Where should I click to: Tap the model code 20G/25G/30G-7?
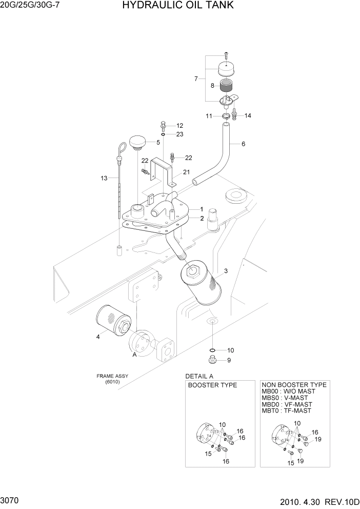[x=30, y=6]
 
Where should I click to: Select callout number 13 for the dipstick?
[x=104, y=179]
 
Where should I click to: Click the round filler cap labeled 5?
[x=137, y=142]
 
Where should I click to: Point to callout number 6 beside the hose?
[x=243, y=144]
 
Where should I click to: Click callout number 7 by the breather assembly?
[x=196, y=79]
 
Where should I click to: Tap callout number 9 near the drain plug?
[x=229, y=360]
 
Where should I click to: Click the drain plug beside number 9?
[x=211, y=359]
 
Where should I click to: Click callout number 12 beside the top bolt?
[x=179, y=126]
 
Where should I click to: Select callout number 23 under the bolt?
[x=179, y=134]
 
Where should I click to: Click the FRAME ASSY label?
[x=112, y=376]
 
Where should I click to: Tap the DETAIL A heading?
[x=199, y=376]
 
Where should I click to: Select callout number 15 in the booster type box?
[x=208, y=454]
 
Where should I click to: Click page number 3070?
[x=11, y=499]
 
